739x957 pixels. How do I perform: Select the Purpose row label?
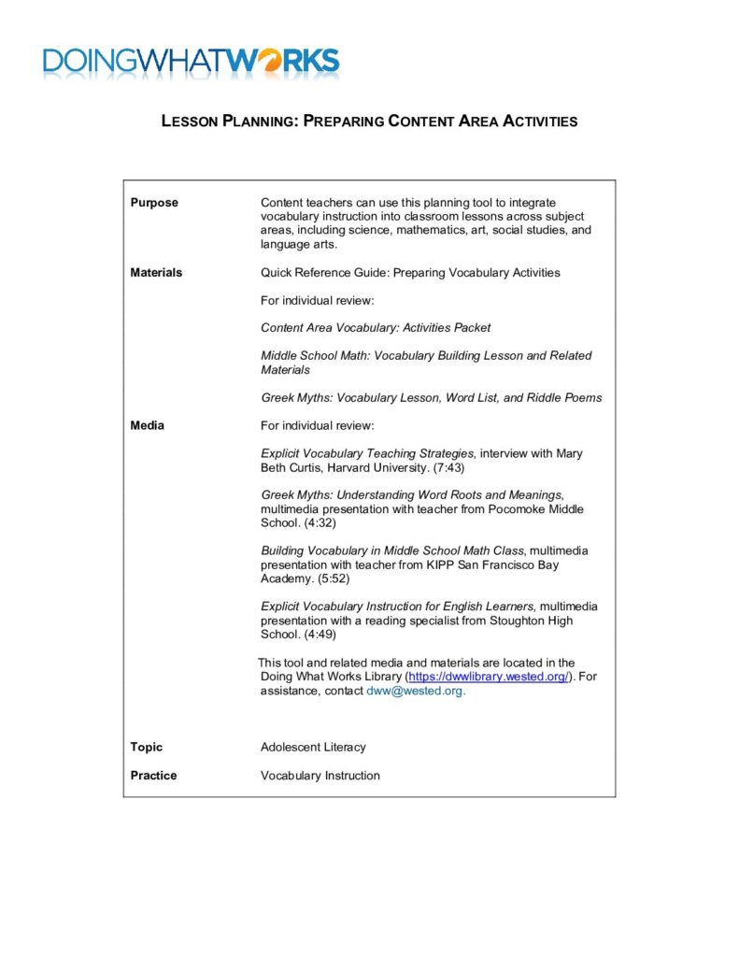(154, 203)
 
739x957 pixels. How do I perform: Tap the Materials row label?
(156, 273)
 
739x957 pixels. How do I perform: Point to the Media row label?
(147, 425)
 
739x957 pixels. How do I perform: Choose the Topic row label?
(146, 747)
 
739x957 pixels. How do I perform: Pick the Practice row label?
(153, 775)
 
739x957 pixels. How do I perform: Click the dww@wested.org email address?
(415, 691)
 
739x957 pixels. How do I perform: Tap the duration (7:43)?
(445, 467)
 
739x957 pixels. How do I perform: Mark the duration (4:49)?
(323, 635)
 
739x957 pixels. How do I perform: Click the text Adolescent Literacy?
(313, 747)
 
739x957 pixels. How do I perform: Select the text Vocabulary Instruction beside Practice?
(320, 775)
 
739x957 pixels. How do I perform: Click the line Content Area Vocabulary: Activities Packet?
(375, 328)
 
